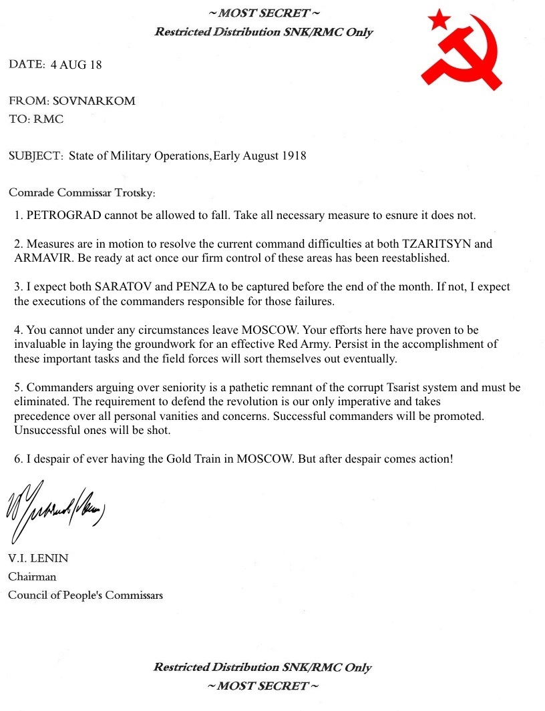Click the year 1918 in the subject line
pyautogui.click(x=293, y=156)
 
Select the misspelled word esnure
pyautogui.click(x=399, y=216)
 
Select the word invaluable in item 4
pyautogui.click(x=41, y=344)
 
